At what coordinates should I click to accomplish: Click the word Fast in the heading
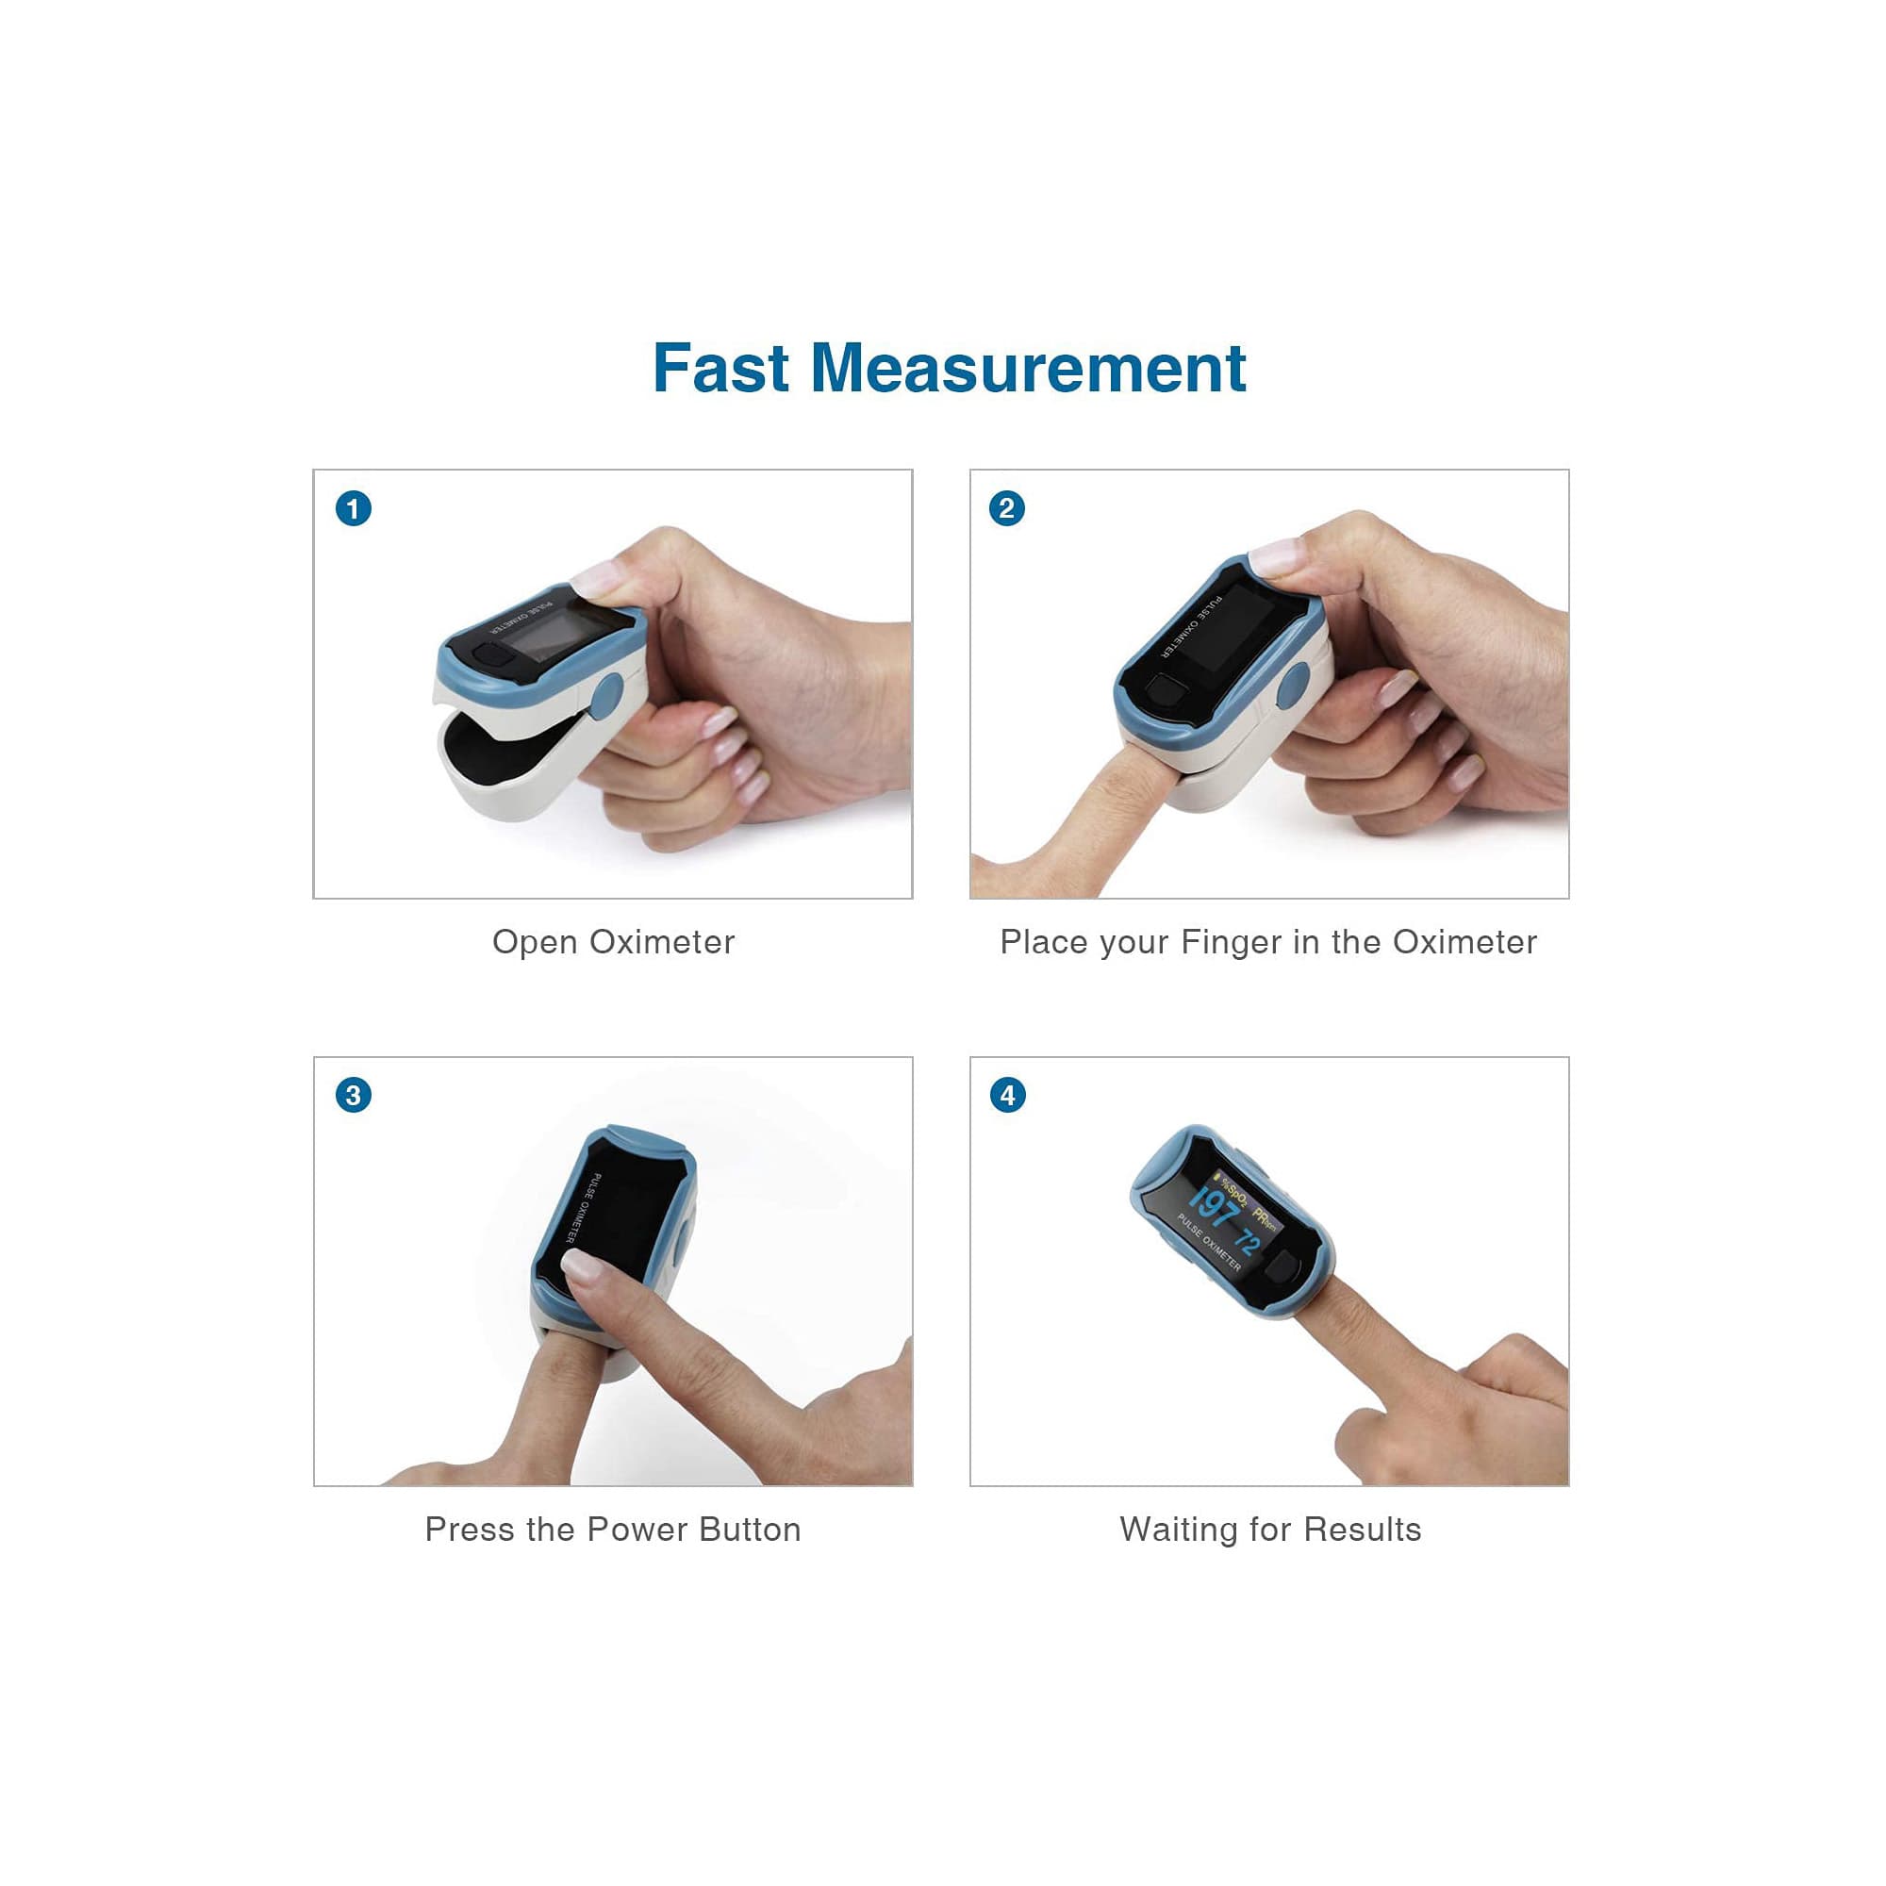click(x=720, y=369)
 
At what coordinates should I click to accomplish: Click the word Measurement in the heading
click(x=1028, y=369)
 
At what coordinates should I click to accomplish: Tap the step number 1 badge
click(x=354, y=508)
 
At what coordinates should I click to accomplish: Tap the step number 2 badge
click(x=1007, y=508)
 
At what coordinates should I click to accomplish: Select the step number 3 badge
click(x=354, y=1095)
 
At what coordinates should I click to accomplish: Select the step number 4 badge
click(x=1007, y=1095)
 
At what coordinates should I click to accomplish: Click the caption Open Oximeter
click(x=613, y=942)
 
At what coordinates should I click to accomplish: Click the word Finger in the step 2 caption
click(x=1231, y=942)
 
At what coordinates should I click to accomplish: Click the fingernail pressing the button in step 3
click(x=581, y=1266)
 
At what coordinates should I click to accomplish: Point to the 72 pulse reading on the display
click(x=1247, y=1241)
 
